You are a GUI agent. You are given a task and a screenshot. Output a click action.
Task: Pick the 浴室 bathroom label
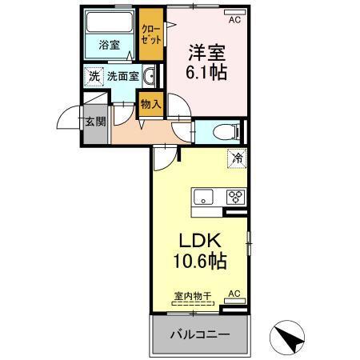click(x=109, y=46)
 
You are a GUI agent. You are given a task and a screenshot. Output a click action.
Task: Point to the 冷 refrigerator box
click(x=237, y=159)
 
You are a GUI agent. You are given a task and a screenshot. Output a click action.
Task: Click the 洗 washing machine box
click(x=94, y=78)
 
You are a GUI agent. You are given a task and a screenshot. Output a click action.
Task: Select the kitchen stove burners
click(x=235, y=196)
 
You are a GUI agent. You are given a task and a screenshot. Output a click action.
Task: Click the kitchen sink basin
click(x=202, y=196)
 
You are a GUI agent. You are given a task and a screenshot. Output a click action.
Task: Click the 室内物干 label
click(x=192, y=296)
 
